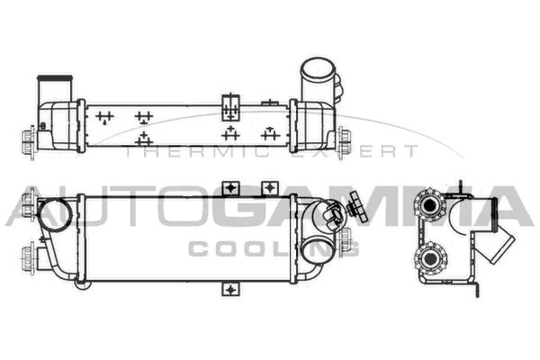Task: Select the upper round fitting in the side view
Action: (432, 205)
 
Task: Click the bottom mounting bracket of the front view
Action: (231, 290)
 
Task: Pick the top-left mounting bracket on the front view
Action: (231, 186)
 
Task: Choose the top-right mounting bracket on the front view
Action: (269, 186)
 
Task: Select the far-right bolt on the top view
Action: (346, 138)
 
